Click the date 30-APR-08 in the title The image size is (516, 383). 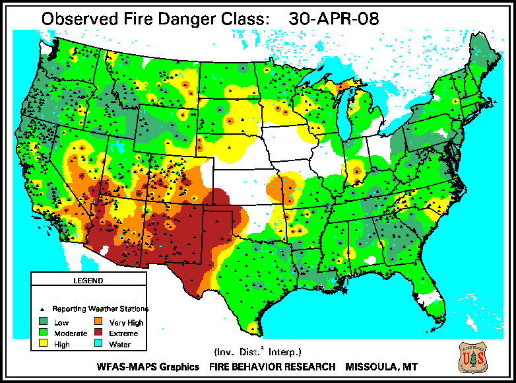(334, 18)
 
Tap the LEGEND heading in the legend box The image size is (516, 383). (88, 281)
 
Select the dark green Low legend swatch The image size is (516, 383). (43, 323)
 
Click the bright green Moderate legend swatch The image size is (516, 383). (43, 333)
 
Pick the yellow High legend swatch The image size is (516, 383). (43, 344)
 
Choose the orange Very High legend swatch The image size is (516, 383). (98, 323)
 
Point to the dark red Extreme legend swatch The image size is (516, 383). (98, 333)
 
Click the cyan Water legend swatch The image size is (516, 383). (98, 344)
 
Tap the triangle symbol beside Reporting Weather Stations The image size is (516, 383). (43, 309)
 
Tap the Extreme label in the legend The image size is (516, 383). (123, 333)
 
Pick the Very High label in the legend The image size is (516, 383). (126, 323)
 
